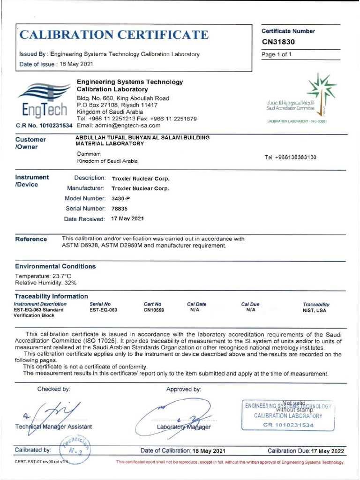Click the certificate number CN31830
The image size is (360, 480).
(278, 42)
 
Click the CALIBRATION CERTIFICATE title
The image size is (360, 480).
(114, 35)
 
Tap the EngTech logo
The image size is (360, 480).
(43, 102)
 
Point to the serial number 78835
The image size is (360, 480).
(120, 208)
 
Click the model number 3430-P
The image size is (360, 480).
(120, 198)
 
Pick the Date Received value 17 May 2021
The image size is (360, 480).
(127, 218)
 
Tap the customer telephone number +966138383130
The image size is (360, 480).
(290, 157)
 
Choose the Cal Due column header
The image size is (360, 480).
(250, 304)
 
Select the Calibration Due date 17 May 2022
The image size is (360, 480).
(327, 451)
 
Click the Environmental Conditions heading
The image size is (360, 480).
(55, 266)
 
